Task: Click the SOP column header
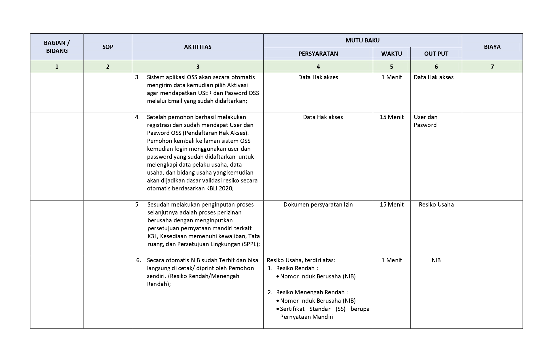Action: coord(108,47)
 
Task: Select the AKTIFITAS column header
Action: coord(198,47)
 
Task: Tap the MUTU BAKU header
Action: coord(362,40)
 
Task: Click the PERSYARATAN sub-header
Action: coord(318,54)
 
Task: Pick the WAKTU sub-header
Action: coord(391,54)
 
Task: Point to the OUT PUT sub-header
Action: coord(436,54)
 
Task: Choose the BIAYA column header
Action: coord(492,47)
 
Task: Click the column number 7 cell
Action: coord(492,67)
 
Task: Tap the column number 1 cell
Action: coord(57,67)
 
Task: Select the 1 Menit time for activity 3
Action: coord(391,77)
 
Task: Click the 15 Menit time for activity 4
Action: coord(391,117)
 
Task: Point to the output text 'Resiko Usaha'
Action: coord(436,205)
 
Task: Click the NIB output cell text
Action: coord(436,260)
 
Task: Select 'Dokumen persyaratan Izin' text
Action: coord(318,205)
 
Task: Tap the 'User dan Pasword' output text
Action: coord(425,121)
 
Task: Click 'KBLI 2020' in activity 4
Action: coord(220,188)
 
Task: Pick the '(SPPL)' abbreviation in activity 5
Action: coord(251,244)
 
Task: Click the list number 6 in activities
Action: coord(138,260)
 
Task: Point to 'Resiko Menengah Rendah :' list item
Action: coord(312,292)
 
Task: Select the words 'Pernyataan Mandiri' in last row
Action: coord(306,317)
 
